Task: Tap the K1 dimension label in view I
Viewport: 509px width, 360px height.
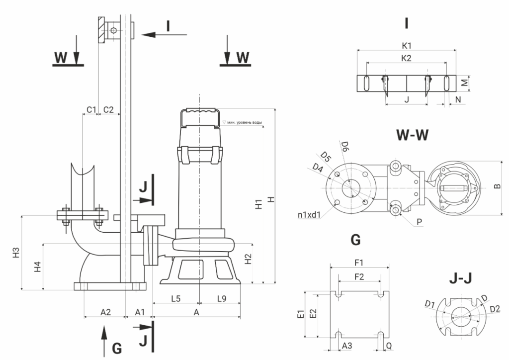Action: (x=406, y=45)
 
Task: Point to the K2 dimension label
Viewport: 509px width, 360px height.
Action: (x=406, y=58)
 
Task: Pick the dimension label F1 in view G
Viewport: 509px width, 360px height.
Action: (x=359, y=262)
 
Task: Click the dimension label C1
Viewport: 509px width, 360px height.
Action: (x=90, y=109)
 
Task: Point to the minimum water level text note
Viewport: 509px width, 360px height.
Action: (x=244, y=122)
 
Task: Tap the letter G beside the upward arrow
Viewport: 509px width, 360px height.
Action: (x=116, y=349)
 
